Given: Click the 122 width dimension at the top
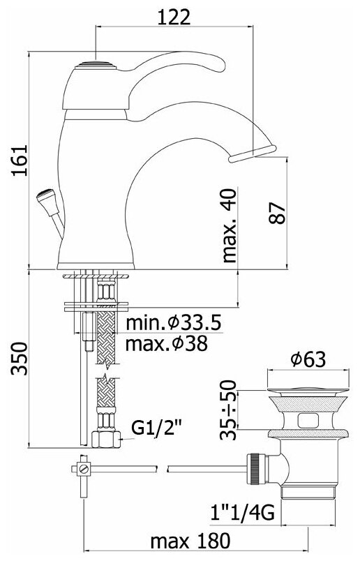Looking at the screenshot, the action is pyautogui.click(x=174, y=17).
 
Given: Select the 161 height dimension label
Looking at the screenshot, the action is pyautogui.click(x=20, y=160).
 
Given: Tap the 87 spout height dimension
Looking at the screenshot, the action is pyautogui.click(x=278, y=214).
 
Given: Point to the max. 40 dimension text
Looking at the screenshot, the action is pyautogui.click(x=230, y=225).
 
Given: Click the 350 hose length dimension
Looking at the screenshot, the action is pyautogui.click(x=20, y=359).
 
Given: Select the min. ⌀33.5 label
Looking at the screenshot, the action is pyautogui.click(x=174, y=323).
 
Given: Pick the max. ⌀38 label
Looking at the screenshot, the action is pyautogui.click(x=167, y=344).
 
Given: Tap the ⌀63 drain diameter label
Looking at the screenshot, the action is pyautogui.click(x=308, y=359).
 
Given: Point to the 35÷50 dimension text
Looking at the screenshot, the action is pyautogui.click(x=229, y=410).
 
